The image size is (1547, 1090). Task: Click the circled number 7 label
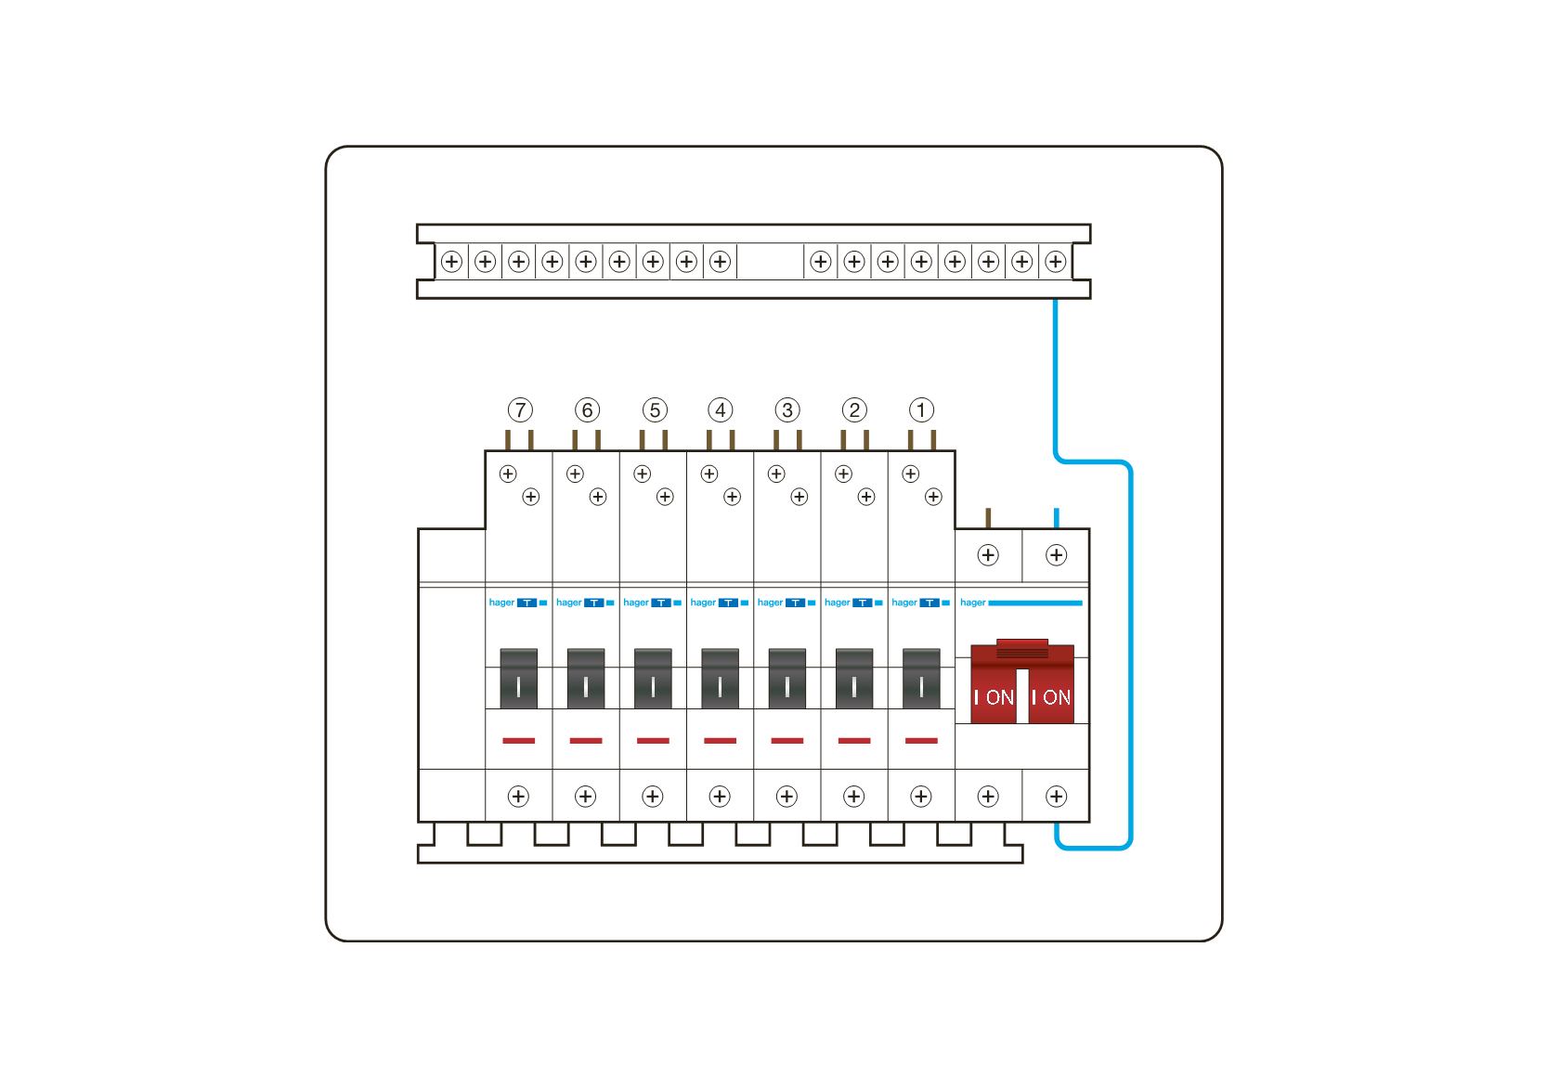(520, 409)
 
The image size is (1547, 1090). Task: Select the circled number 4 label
(721, 409)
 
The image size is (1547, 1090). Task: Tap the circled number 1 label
(921, 409)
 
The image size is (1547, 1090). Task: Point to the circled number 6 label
(587, 409)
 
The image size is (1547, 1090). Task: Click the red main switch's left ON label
(994, 697)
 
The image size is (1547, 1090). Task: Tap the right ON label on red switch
(1051, 697)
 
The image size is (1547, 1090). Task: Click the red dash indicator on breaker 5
(653, 741)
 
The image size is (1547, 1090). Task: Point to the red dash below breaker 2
(854, 741)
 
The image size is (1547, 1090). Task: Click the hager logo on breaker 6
(568, 603)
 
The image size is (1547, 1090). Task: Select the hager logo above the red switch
(972, 603)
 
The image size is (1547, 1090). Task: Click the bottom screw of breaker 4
(720, 796)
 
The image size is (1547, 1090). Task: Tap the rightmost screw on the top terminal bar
(1055, 262)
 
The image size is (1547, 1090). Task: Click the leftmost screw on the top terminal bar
(451, 262)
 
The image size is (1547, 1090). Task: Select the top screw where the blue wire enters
(1056, 555)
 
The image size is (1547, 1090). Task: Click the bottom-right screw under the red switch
(1056, 796)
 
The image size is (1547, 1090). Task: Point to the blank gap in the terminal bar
(770, 262)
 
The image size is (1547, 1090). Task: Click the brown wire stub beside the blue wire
(988, 517)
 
